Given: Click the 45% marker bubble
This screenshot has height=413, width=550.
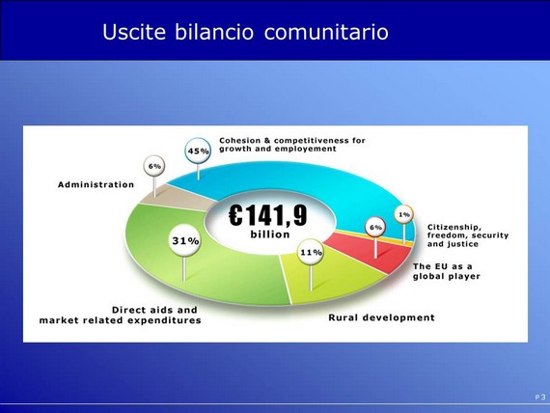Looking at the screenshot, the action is (x=198, y=151).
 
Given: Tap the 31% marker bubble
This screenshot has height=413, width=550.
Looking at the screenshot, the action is (x=185, y=240).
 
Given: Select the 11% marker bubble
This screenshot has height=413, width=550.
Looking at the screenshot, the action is (x=311, y=252).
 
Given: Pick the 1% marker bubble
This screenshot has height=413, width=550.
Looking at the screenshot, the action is (x=404, y=214).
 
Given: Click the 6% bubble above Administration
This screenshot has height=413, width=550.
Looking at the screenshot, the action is (x=154, y=166).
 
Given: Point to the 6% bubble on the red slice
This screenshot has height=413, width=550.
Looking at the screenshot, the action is (x=375, y=228).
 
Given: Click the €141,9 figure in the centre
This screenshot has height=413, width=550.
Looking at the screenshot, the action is (x=268, y=215).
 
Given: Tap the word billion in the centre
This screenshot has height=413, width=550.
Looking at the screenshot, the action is (x=270, y=234).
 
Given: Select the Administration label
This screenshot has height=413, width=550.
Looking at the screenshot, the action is (x=96, y=184).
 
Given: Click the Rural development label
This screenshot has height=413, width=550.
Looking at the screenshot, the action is (x=382, y=317).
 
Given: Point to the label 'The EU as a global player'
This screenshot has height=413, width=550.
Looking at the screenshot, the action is (x=447, y=271).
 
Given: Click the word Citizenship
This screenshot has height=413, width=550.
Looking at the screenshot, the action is (x=454, y=227).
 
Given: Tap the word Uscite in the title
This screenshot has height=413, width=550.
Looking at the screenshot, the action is (x=134, y=32).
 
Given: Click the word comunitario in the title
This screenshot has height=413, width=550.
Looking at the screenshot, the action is (x=326, y=32).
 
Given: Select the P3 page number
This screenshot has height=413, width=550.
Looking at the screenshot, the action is (x=540, y=398).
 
